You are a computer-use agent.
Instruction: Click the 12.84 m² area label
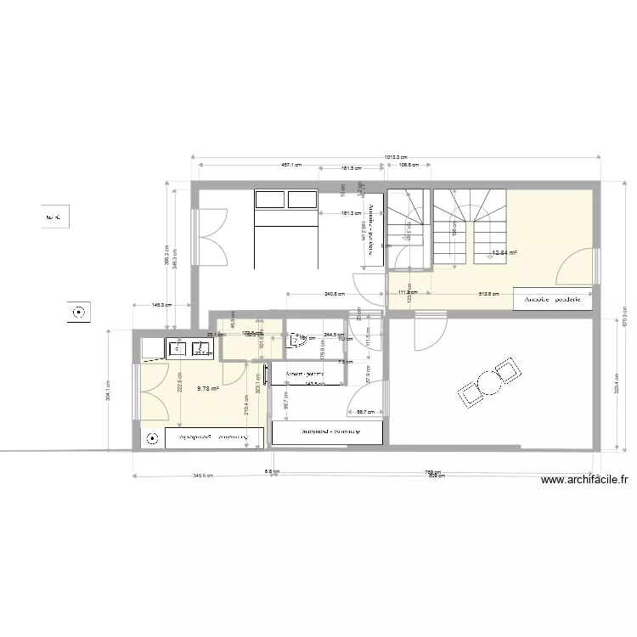pos(505,252)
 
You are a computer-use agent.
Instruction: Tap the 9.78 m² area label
pos(208,389)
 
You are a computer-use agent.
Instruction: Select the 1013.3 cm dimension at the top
pos(396,157)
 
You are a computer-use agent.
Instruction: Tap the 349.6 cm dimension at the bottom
pos(204,476)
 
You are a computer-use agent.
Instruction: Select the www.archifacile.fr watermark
pos(586,481)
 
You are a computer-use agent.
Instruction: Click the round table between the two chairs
pos(490,381)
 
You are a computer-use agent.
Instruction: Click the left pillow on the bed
pos(270,200)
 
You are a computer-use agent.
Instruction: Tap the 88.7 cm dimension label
pos(367,412)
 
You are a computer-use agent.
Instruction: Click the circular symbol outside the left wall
pos(80,313)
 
